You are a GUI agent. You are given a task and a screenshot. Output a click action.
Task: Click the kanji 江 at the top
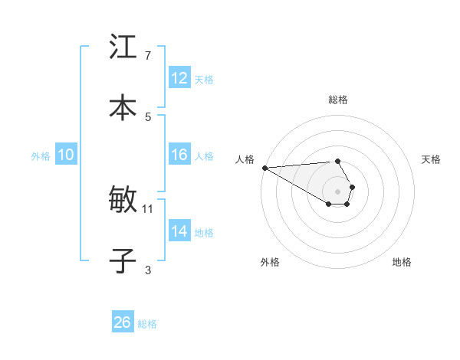pos(123,47)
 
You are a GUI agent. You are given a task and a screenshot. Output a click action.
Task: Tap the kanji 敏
pos(123,200)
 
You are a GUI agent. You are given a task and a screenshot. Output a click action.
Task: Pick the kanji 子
pos(123,260)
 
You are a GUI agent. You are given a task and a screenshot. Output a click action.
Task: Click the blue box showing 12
pos(179,78)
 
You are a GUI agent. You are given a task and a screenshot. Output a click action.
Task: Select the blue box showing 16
pos(179,155)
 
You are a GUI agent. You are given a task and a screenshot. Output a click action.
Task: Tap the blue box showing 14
pos(179,231)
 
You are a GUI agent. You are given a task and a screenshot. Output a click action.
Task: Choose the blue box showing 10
pos(66,155)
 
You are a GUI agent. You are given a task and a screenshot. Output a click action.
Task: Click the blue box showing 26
pos(123,322)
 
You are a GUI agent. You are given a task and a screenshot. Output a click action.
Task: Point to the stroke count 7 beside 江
pos(147,55)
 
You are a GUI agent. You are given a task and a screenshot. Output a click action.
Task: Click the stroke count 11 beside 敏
pos(148,208)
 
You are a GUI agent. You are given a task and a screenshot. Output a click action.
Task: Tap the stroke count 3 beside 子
pos(147,270)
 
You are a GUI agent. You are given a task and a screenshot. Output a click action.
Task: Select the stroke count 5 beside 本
pos(147,116)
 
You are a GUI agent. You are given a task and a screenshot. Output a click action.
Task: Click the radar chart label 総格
pos(338,100)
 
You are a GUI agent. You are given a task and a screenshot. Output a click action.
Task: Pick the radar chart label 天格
pos(432,159)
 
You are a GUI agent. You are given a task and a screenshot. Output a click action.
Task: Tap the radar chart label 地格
pos(402,262)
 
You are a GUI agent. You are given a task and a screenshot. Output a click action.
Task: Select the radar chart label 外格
pos(271,262)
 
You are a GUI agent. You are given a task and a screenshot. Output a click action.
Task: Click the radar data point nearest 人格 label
pos(264,168)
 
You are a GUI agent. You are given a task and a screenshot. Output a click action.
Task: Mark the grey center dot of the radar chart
pos(338,191)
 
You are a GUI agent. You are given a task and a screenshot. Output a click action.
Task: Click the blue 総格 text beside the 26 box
pos(147,324)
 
